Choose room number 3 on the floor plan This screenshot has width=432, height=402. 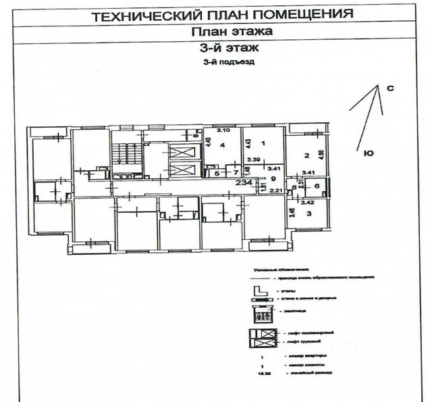point(310,213)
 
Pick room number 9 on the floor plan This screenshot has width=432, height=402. point(273,179)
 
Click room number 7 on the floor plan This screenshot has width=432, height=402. point(228,174)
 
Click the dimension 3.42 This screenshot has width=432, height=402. point(307,201)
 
